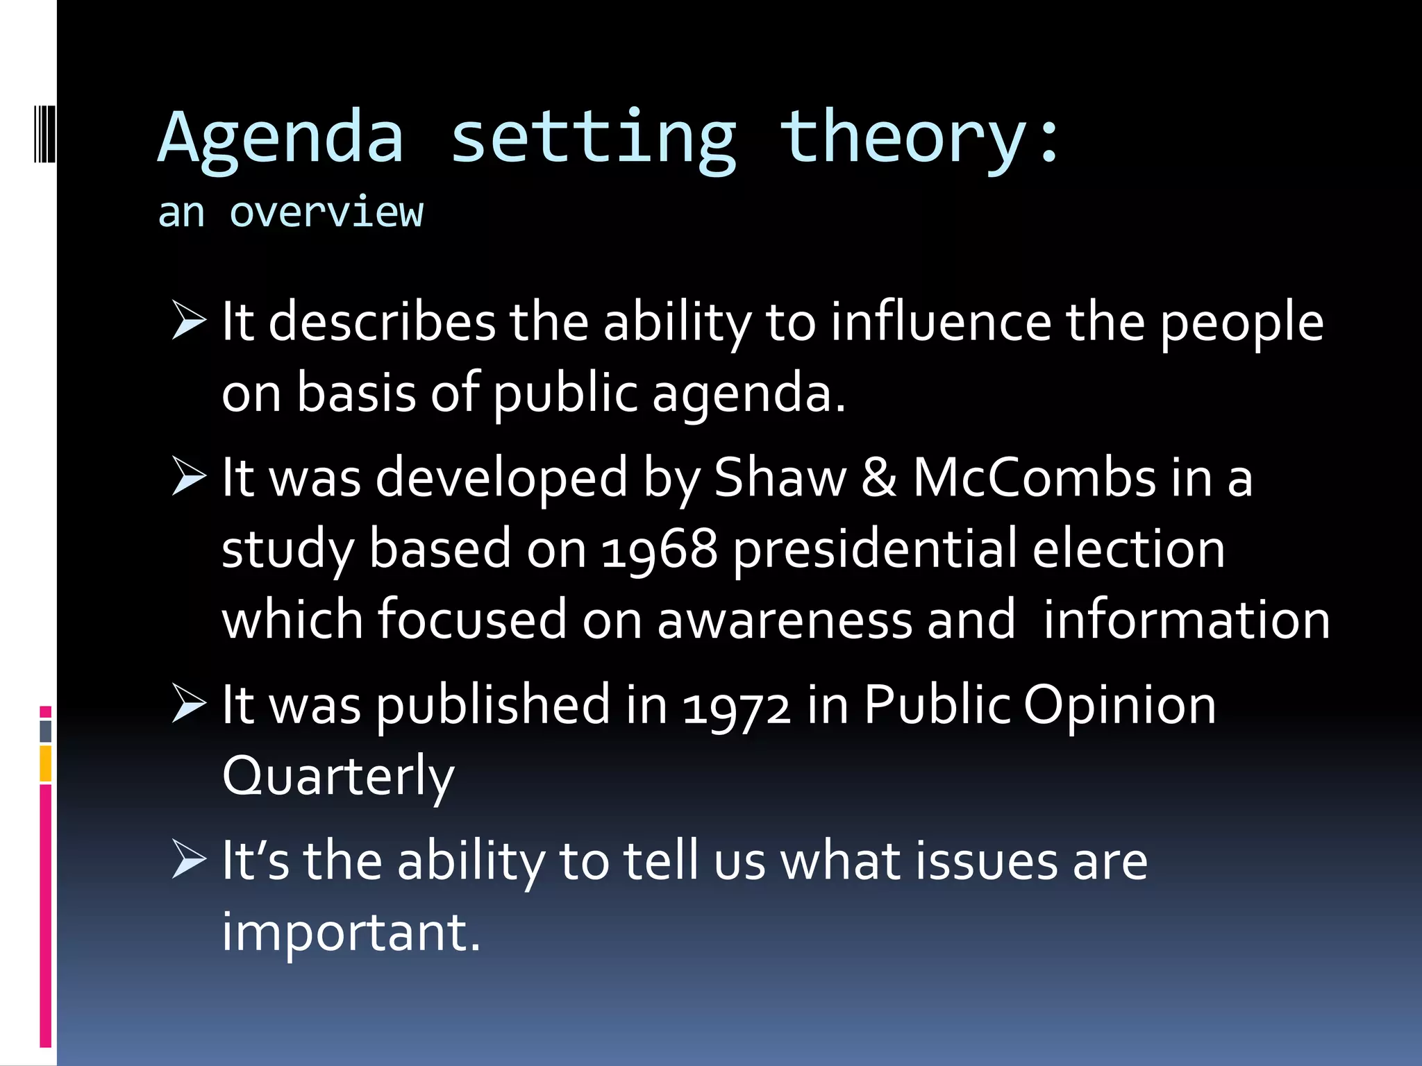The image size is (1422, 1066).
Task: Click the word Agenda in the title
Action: coord(281,139)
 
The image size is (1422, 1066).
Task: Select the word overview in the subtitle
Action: coord(326,212)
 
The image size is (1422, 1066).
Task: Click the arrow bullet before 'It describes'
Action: coord(189,321)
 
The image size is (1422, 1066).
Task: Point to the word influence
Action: coord(941,322)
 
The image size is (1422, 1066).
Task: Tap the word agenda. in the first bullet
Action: coord(748,394)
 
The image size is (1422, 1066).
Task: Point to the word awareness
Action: coord(784,620)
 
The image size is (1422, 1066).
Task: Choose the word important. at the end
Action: coord(351,931)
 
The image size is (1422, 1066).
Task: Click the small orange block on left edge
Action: coord(45,763)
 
